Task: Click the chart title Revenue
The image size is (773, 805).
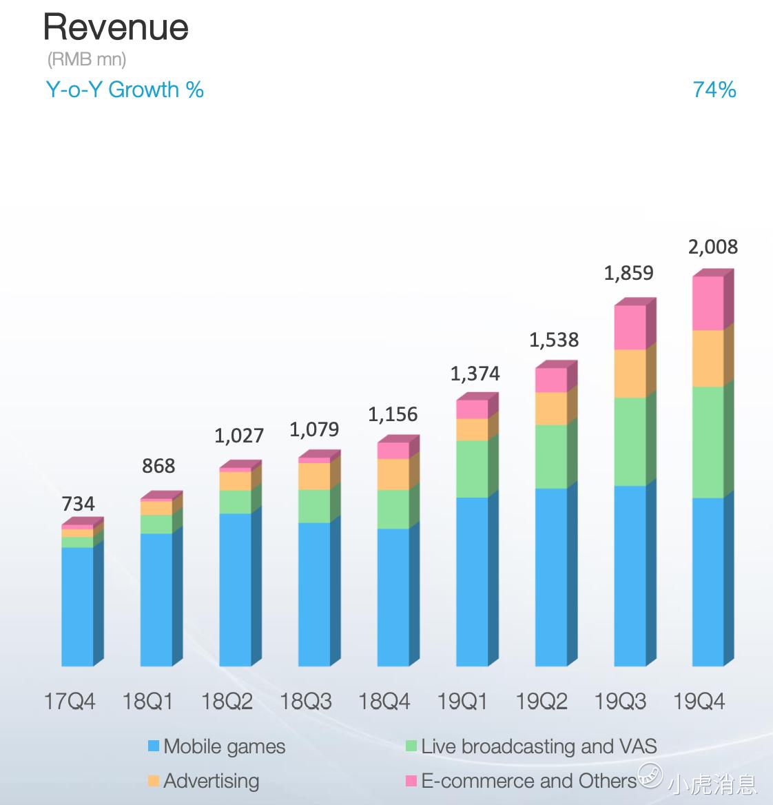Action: point(116,28)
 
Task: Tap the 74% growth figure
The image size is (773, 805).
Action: point(714,90)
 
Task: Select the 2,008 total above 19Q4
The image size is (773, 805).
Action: point(712,247)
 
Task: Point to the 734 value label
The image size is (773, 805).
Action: point(78,504)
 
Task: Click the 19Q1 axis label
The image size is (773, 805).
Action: point(462,702)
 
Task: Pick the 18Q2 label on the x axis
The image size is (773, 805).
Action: point(227,702)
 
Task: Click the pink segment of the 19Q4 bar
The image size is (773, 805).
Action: point(708,303)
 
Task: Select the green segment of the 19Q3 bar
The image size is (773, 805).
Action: point(630,442)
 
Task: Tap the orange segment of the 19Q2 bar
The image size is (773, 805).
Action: point(551,408)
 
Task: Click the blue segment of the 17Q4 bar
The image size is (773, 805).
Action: point(77,607)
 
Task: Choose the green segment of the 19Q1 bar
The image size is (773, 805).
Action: point(472,469)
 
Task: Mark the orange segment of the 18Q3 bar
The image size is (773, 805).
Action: point(314,476)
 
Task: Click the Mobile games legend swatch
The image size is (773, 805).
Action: point(154,746)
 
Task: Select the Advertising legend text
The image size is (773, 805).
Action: point(212,781)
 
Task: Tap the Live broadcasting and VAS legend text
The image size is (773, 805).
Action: point(539,746)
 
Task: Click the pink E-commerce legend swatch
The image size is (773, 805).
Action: point(411,781)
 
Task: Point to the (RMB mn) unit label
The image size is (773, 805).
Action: point(87,59)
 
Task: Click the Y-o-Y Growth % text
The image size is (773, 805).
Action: point(125,90)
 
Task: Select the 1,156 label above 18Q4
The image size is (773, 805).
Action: point(393,414)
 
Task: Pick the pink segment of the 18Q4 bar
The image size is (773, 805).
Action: point(393,451)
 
